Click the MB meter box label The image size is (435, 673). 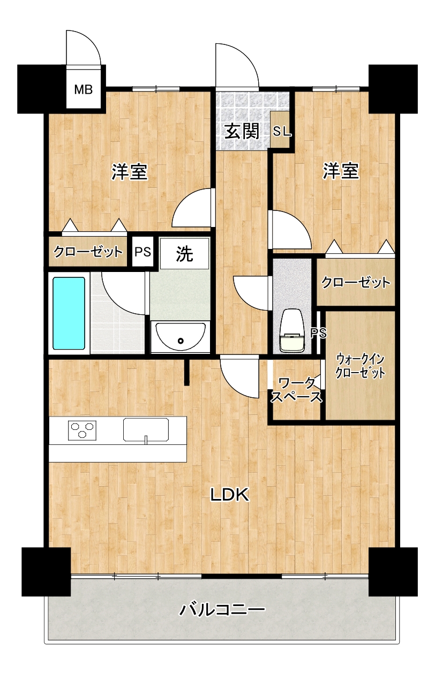[x=83, y=89]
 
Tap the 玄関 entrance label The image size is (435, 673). [x=242, y=131]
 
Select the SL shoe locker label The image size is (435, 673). [x=282, y=131]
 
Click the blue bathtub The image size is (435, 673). [x=69, y=313]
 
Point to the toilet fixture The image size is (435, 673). [x=291, y=330]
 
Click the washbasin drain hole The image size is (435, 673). [x=181, y=341]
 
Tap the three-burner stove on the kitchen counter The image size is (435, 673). [x=82, y=430]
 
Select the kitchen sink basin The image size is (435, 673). [x=146, y=429]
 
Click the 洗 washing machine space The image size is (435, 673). [x=184, y=253]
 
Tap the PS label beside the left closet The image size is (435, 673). [x=143, y=252]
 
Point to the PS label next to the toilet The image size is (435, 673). [x=318, y=333]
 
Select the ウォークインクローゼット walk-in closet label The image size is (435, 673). [x=360, y=366]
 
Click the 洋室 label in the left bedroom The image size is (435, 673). [x=130, y=172]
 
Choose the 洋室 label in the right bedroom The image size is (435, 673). [x=341, y=171]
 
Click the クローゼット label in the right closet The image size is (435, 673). [x=356, y=282]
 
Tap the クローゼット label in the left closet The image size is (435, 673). [x=88, y=252]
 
